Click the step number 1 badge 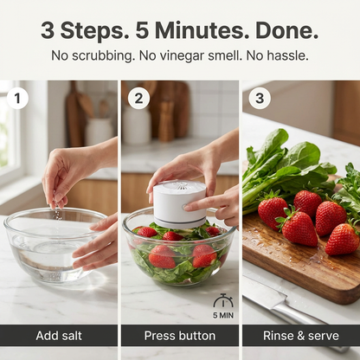point(17,99)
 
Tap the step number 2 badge point(138,99)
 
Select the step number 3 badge point(260,99)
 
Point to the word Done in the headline point(286,30)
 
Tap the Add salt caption point(59,336)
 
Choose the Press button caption point(180,336)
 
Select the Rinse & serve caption point(301,336)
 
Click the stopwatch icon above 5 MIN point(223,301)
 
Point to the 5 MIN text point(223,315)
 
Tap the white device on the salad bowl point(179,203)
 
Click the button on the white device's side point(183,207)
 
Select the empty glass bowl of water point(54,245)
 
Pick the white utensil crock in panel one point(99,132)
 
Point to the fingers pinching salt point(57,200)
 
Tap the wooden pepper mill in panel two point(166,121)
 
